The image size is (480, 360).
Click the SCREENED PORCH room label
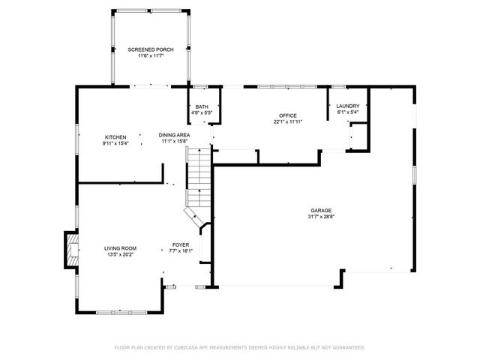[x=151, y=49]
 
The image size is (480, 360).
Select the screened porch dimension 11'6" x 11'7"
[x=151, y=56]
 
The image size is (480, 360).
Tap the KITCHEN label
[x=115, y=137]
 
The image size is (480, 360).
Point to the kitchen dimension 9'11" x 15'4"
[x=115, y=143]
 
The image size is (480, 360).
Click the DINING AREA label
[x=173, y=135]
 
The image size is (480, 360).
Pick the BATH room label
[x=202, y=107]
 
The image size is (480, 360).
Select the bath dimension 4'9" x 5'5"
[x=202, y=113]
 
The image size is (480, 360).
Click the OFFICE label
[x=289, y=115]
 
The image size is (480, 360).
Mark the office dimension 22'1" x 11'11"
[x=289, y=121]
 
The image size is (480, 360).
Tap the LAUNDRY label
[x=347, y=106]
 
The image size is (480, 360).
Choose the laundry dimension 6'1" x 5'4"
[x=347, y=112]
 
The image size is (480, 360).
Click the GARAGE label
[x=322, y=210]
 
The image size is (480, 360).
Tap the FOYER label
[x=181, y=244]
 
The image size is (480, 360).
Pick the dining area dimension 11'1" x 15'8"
[x=173, y=141]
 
